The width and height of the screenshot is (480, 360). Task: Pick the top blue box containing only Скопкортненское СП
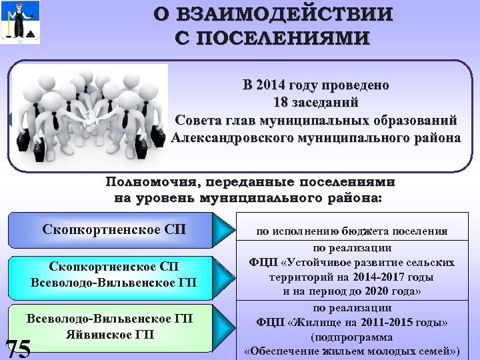(114, 231)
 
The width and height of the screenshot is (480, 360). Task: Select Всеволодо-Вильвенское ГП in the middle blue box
(114, 283)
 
